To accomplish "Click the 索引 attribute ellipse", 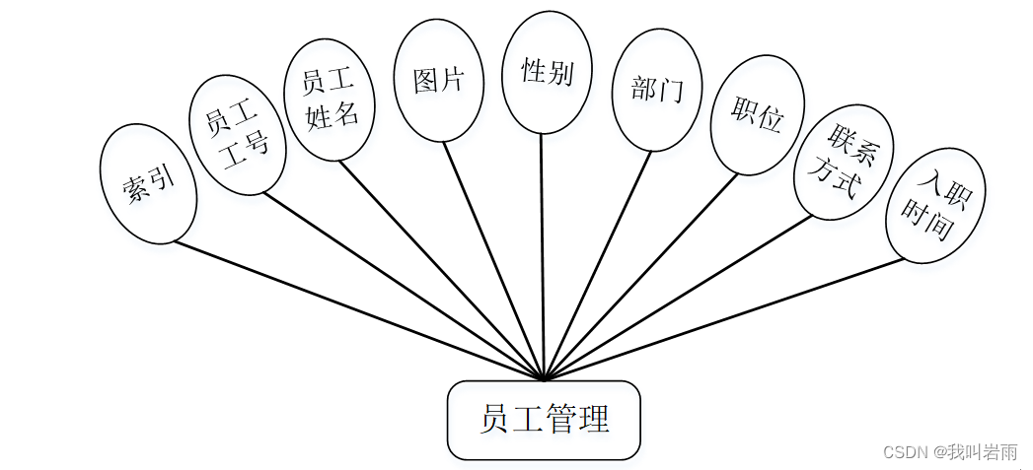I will [x=148, y=184].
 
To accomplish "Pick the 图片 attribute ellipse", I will [x=438, y=81].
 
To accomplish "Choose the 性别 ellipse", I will [x=547, y=72].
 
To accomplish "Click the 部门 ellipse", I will [x=656, y=91].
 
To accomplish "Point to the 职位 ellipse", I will [x=757, y=116].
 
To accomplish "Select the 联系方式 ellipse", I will [x=844, y=162].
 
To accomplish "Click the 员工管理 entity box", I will [x=544, y=420].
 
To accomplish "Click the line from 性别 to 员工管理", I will [x=542, y=256].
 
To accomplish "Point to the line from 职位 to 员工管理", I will [x=641, y=276].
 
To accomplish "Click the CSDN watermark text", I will [x=950, y=452].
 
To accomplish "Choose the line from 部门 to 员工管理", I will [x=599, y=264].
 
